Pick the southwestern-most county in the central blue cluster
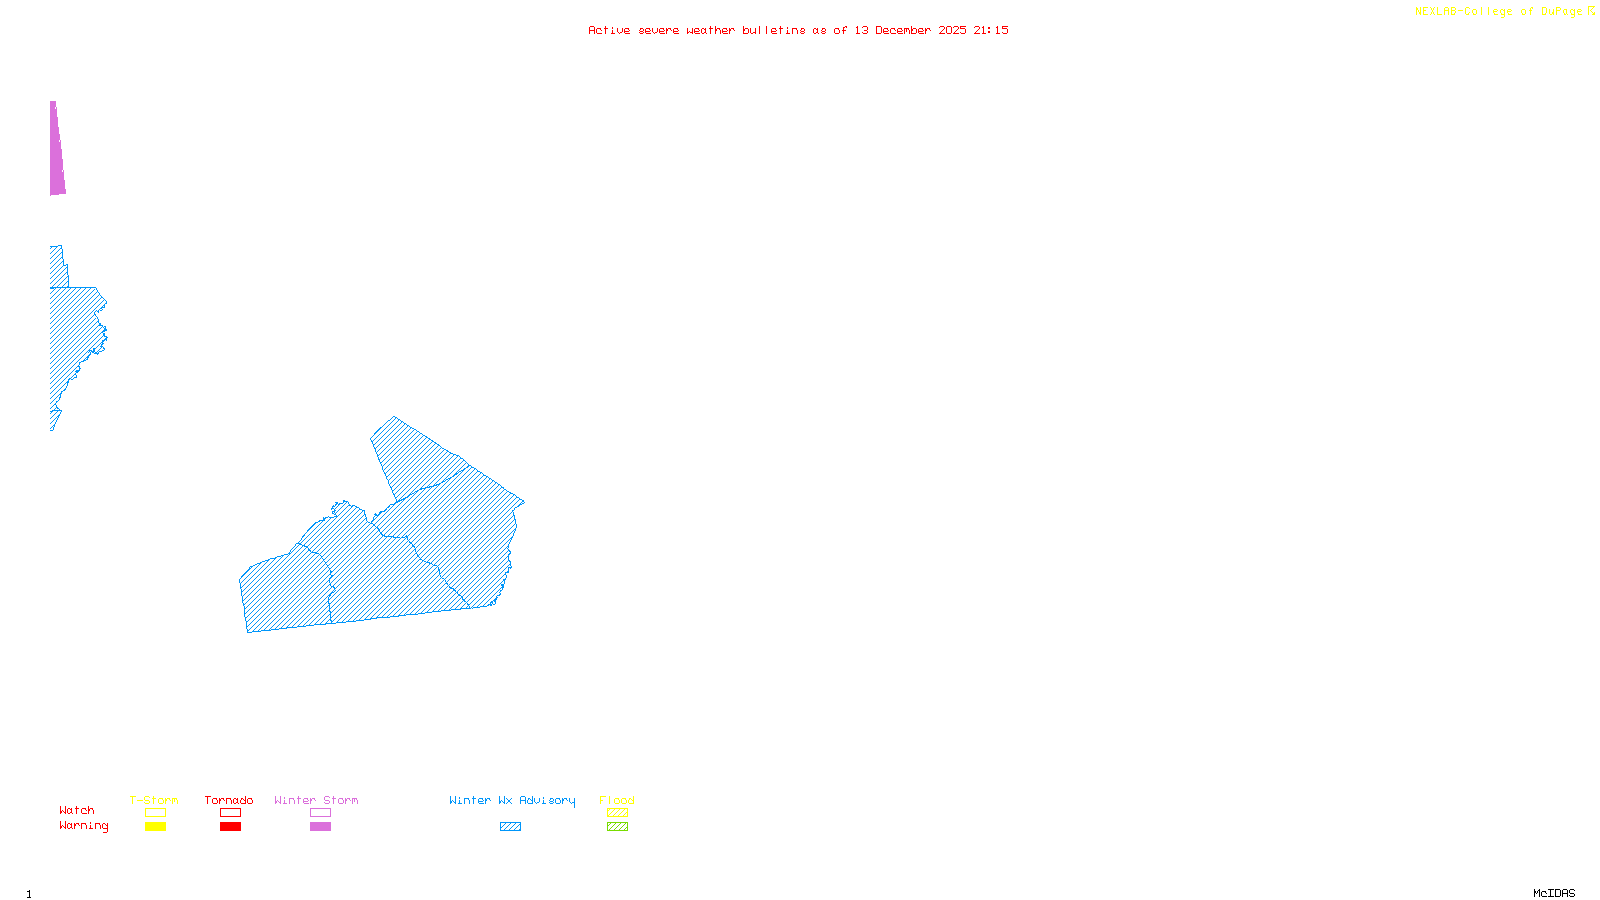point(286,594)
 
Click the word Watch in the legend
point(77,810)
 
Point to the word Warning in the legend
point(83,826)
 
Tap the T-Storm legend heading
point(154,800)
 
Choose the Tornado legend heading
point(229,800)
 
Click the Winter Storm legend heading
point(316,800)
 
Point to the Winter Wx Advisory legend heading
point(512,800)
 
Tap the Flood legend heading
point(617,800)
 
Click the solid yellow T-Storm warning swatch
point(155,827)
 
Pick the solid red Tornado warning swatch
point(230,827)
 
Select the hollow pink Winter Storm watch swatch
point(320,813)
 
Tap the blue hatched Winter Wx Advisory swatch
point(510,827)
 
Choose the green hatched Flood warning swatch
point(617,827)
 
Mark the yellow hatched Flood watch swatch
point(617,813)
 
